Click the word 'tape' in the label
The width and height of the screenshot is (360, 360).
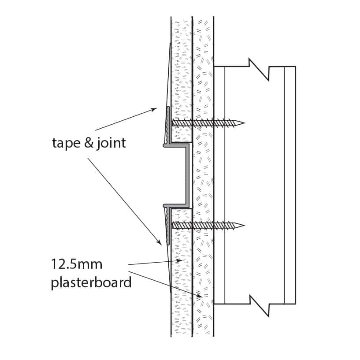(x=66, y=143)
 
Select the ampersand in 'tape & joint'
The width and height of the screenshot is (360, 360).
(x=89, y=143)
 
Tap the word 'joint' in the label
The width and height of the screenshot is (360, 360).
(x=111, y=143)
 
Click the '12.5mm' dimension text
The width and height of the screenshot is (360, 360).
(x=77, y=264)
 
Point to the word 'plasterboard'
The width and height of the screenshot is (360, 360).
(x=91, y=282)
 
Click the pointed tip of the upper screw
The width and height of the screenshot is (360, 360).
(x=244, y=123)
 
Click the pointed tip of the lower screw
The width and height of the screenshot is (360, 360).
(x=244, y=226)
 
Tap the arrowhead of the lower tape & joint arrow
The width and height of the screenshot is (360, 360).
(x=159, y=242)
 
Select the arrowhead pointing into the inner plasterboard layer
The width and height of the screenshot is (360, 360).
(x=200, y=297)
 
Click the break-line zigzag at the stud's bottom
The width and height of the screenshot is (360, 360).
(x=259, y=305)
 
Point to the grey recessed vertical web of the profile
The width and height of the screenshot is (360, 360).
(x=188, y=175)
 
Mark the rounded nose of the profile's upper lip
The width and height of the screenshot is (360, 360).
(x=164, y=145)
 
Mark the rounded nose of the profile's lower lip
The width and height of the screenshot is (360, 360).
(x=164, y=205)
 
